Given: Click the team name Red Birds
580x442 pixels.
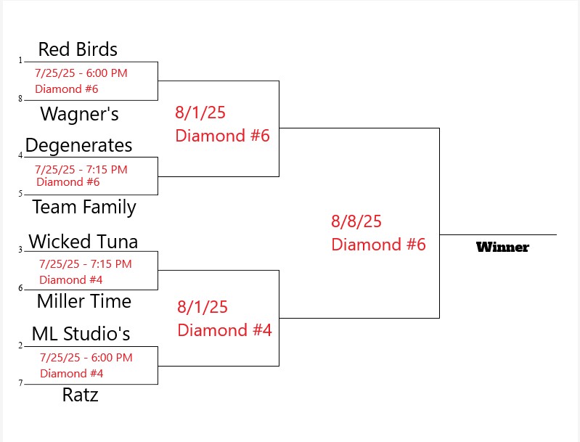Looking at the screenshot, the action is coord(78,49).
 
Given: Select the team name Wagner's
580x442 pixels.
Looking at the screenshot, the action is coord(79,114).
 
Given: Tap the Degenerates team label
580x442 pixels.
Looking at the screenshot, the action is coord(78,145).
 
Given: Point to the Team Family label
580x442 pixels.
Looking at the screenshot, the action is coord(84,207).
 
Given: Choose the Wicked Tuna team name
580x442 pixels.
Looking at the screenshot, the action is coord(83,241).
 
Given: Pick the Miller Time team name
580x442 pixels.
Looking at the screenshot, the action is coord(83,301).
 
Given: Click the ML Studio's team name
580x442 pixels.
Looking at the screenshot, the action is coord(81,334).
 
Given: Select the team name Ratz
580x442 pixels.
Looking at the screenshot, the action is coord(80,396).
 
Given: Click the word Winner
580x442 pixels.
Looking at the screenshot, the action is coord(502,247).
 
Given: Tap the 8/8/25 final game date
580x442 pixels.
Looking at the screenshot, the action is coord(356,221).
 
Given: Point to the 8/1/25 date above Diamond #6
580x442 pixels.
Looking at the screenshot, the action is coord(200,112).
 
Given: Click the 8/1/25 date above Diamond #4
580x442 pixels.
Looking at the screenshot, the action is coord(203,307).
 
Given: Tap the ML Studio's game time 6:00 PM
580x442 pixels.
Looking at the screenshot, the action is coord(113,358).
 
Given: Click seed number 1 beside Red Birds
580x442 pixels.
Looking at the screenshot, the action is coord(20,60).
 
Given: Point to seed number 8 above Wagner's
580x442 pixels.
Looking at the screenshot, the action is coord(20,99).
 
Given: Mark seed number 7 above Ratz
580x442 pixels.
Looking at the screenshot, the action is coord(20,383).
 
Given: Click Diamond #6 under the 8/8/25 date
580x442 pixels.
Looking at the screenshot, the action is coord(378,245).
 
